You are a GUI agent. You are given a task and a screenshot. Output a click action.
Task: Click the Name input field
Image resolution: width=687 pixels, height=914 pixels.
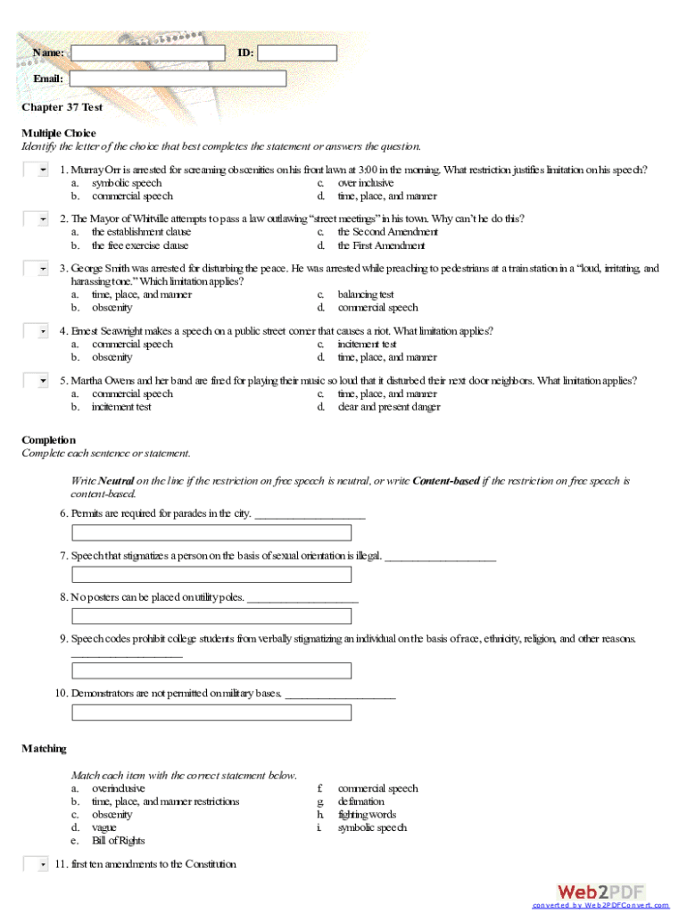[148, 53]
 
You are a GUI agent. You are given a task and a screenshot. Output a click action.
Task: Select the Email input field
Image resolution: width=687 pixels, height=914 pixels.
[178, 79]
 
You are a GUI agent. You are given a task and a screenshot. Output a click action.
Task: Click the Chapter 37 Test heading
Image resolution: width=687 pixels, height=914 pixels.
[62, 107]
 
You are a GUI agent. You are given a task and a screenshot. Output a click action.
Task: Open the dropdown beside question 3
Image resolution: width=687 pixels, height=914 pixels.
[37, 269]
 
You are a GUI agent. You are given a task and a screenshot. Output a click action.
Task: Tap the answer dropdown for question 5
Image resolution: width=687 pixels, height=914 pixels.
[37, 381]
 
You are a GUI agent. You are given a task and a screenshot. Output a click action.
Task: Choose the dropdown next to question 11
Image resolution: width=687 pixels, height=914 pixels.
[37, 864]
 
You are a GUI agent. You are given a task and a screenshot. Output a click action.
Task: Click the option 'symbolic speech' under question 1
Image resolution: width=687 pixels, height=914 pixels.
[127, 183]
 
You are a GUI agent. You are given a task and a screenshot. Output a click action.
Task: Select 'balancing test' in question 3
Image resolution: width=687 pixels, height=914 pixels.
[366, 295]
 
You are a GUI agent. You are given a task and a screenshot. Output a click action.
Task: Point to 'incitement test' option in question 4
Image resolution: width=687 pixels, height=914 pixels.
[367, 345]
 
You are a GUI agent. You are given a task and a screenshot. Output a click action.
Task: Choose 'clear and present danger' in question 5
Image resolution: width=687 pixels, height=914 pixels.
[388, 407]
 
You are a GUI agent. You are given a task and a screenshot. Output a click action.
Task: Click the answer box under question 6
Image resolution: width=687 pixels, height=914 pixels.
[211, 533]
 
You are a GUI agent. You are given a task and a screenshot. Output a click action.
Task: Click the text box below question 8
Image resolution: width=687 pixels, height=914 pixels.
[211, 616]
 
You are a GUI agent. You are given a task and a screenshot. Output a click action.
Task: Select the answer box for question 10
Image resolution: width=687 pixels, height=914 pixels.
[211, 712]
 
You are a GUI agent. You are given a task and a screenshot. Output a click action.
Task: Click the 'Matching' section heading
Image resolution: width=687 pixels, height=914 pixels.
[45, 749]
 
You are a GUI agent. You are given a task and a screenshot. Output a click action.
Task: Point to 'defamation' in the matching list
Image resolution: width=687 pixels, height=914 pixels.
[361, 802]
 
